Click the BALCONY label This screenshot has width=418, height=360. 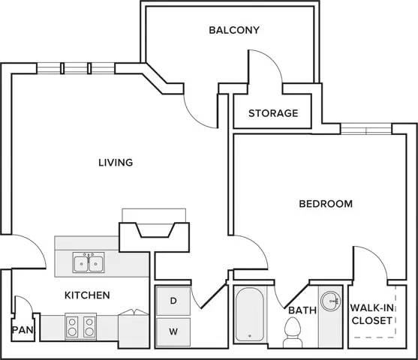point(234,30)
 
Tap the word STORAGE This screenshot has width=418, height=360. point(273,113)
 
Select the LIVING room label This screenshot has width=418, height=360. point(116,163)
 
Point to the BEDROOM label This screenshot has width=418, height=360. point(326,204)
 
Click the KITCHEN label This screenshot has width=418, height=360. point(87,295)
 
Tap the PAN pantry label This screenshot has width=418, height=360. point(23,330)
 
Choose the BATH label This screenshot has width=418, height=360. point(302,310)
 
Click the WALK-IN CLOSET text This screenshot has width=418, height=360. point(372,314)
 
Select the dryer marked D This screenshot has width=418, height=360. point(173,301)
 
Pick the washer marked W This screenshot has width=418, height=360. point(173,332)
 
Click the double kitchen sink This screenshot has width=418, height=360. point(89,262)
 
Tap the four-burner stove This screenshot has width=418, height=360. point(81,327)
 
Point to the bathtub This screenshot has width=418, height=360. point(250,314)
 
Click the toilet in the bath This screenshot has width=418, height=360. point(293,332)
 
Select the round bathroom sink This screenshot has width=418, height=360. point(330,301)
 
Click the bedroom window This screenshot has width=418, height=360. point(366,129)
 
